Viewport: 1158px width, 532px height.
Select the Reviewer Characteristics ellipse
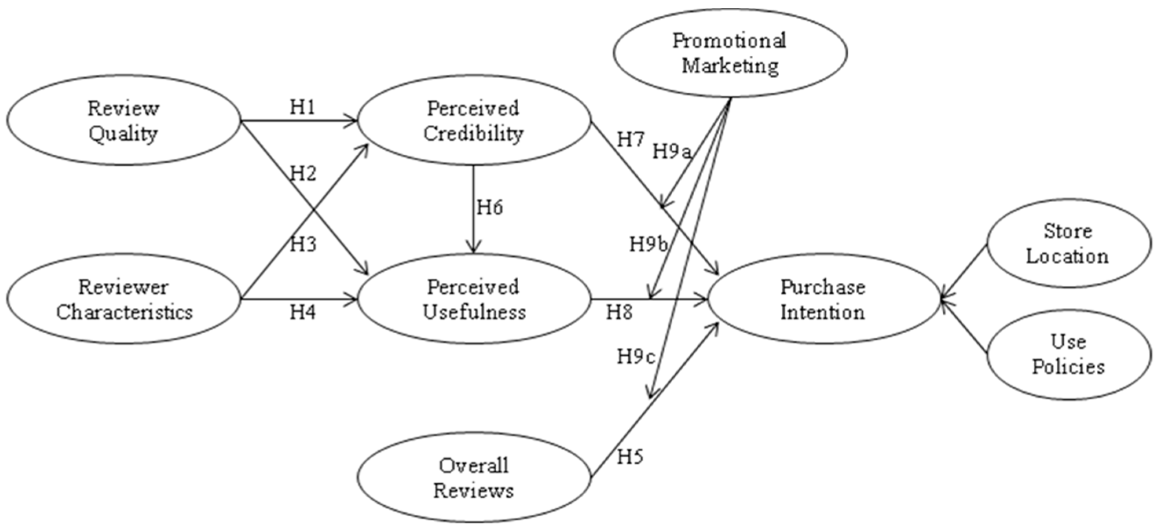[124, 299]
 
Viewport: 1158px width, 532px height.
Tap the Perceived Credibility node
[473, 121]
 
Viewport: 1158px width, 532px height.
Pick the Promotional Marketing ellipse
[730, 53]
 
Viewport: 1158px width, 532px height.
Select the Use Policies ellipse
[1068, 355]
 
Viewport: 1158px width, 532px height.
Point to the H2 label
[303, 174]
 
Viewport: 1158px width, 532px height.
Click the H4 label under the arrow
[303, 312]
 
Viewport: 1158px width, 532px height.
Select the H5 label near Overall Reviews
[630, 457]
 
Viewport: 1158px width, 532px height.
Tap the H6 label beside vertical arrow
[490, 208]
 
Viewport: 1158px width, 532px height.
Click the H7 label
[631, 140]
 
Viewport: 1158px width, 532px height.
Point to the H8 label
[619, 312]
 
